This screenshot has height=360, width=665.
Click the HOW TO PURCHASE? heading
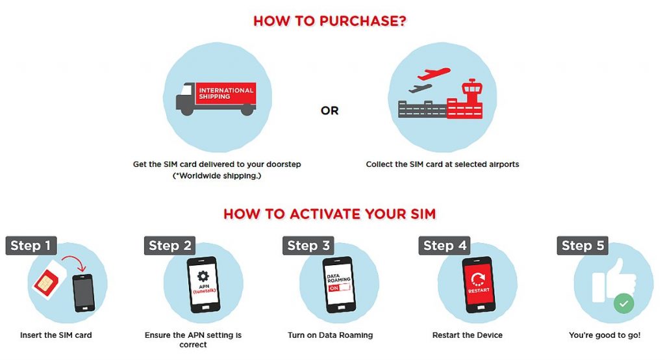click(329, 21)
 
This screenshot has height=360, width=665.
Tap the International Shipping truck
click(216, 99)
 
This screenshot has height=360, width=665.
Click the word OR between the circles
click(329, 111)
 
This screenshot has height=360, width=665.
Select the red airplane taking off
click(433, 73)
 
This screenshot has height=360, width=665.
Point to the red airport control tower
click(471, 96)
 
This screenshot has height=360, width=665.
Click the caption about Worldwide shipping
click(217, 175)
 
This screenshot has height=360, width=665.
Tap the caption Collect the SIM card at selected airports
click(442, 164)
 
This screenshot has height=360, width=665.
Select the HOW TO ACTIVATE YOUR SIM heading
click(329, 214)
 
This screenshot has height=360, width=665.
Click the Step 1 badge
click(31, 246)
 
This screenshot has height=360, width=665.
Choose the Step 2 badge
click(169, 246)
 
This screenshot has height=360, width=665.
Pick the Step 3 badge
click(308, 246)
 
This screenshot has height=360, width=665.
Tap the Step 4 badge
click(444, 246)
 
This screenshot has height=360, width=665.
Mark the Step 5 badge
click(583, 246)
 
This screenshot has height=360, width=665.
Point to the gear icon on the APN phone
click(203, 276)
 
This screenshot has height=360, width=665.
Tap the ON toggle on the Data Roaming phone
click(339, 288)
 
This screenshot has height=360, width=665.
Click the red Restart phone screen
click(479, 283)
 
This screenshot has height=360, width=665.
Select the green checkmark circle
click(624, 303)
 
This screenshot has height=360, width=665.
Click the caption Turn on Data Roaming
click(331, 335)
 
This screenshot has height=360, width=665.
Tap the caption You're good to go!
click(605, 335)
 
